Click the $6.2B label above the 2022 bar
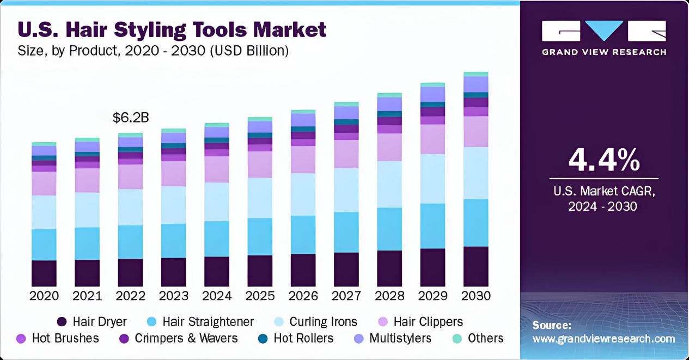point(131,118)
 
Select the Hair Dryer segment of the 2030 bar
point(476,266)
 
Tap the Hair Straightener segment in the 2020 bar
point(44,245)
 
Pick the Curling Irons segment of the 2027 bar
point(346,190)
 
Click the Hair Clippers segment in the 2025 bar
point(260,164)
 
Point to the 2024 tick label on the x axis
point(217,296)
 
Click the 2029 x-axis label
point(432,296)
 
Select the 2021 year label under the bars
point(87,296)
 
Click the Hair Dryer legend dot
point(62,322)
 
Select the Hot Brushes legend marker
point(22,338)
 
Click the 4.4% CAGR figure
point(603,160)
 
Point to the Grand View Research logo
point(603,37)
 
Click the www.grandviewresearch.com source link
point(603,339)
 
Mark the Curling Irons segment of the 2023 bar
point(174,205)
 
